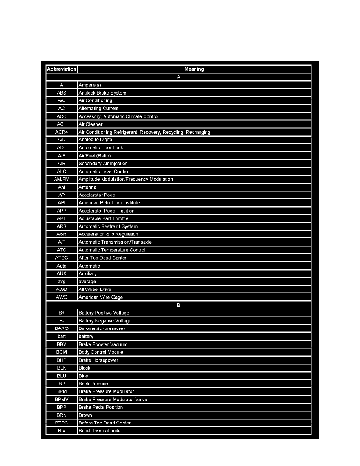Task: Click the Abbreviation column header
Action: (x=62, y=69)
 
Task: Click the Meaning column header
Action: (x=194, y=69)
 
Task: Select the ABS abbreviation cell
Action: (x=62, y=93)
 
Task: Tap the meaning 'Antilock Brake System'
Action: (x=102, y=93)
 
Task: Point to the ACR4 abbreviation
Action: (x=62, y=132)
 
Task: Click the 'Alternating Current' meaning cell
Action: (x=98, y=109)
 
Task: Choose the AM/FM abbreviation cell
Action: (x=62, y=179)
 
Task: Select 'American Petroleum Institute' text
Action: (x=109, y=203)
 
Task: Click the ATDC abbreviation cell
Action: (x=62, y=258)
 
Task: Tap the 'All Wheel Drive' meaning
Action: (x=95, y=289)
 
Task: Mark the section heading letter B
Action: (x=178, y=305)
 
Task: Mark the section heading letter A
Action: (x=178, y=77)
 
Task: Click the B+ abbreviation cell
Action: (x=62, y=313)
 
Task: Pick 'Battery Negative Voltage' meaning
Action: (x=105, y=321)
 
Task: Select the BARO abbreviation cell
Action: (x=62, y=328)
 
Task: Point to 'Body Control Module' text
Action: (x=101, y=352)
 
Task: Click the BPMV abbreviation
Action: (x=62, y=399)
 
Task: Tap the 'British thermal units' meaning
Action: (x=99, y=431)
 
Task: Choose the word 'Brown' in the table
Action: (x=85, y=415)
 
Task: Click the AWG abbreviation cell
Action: (x=62, y=297)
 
